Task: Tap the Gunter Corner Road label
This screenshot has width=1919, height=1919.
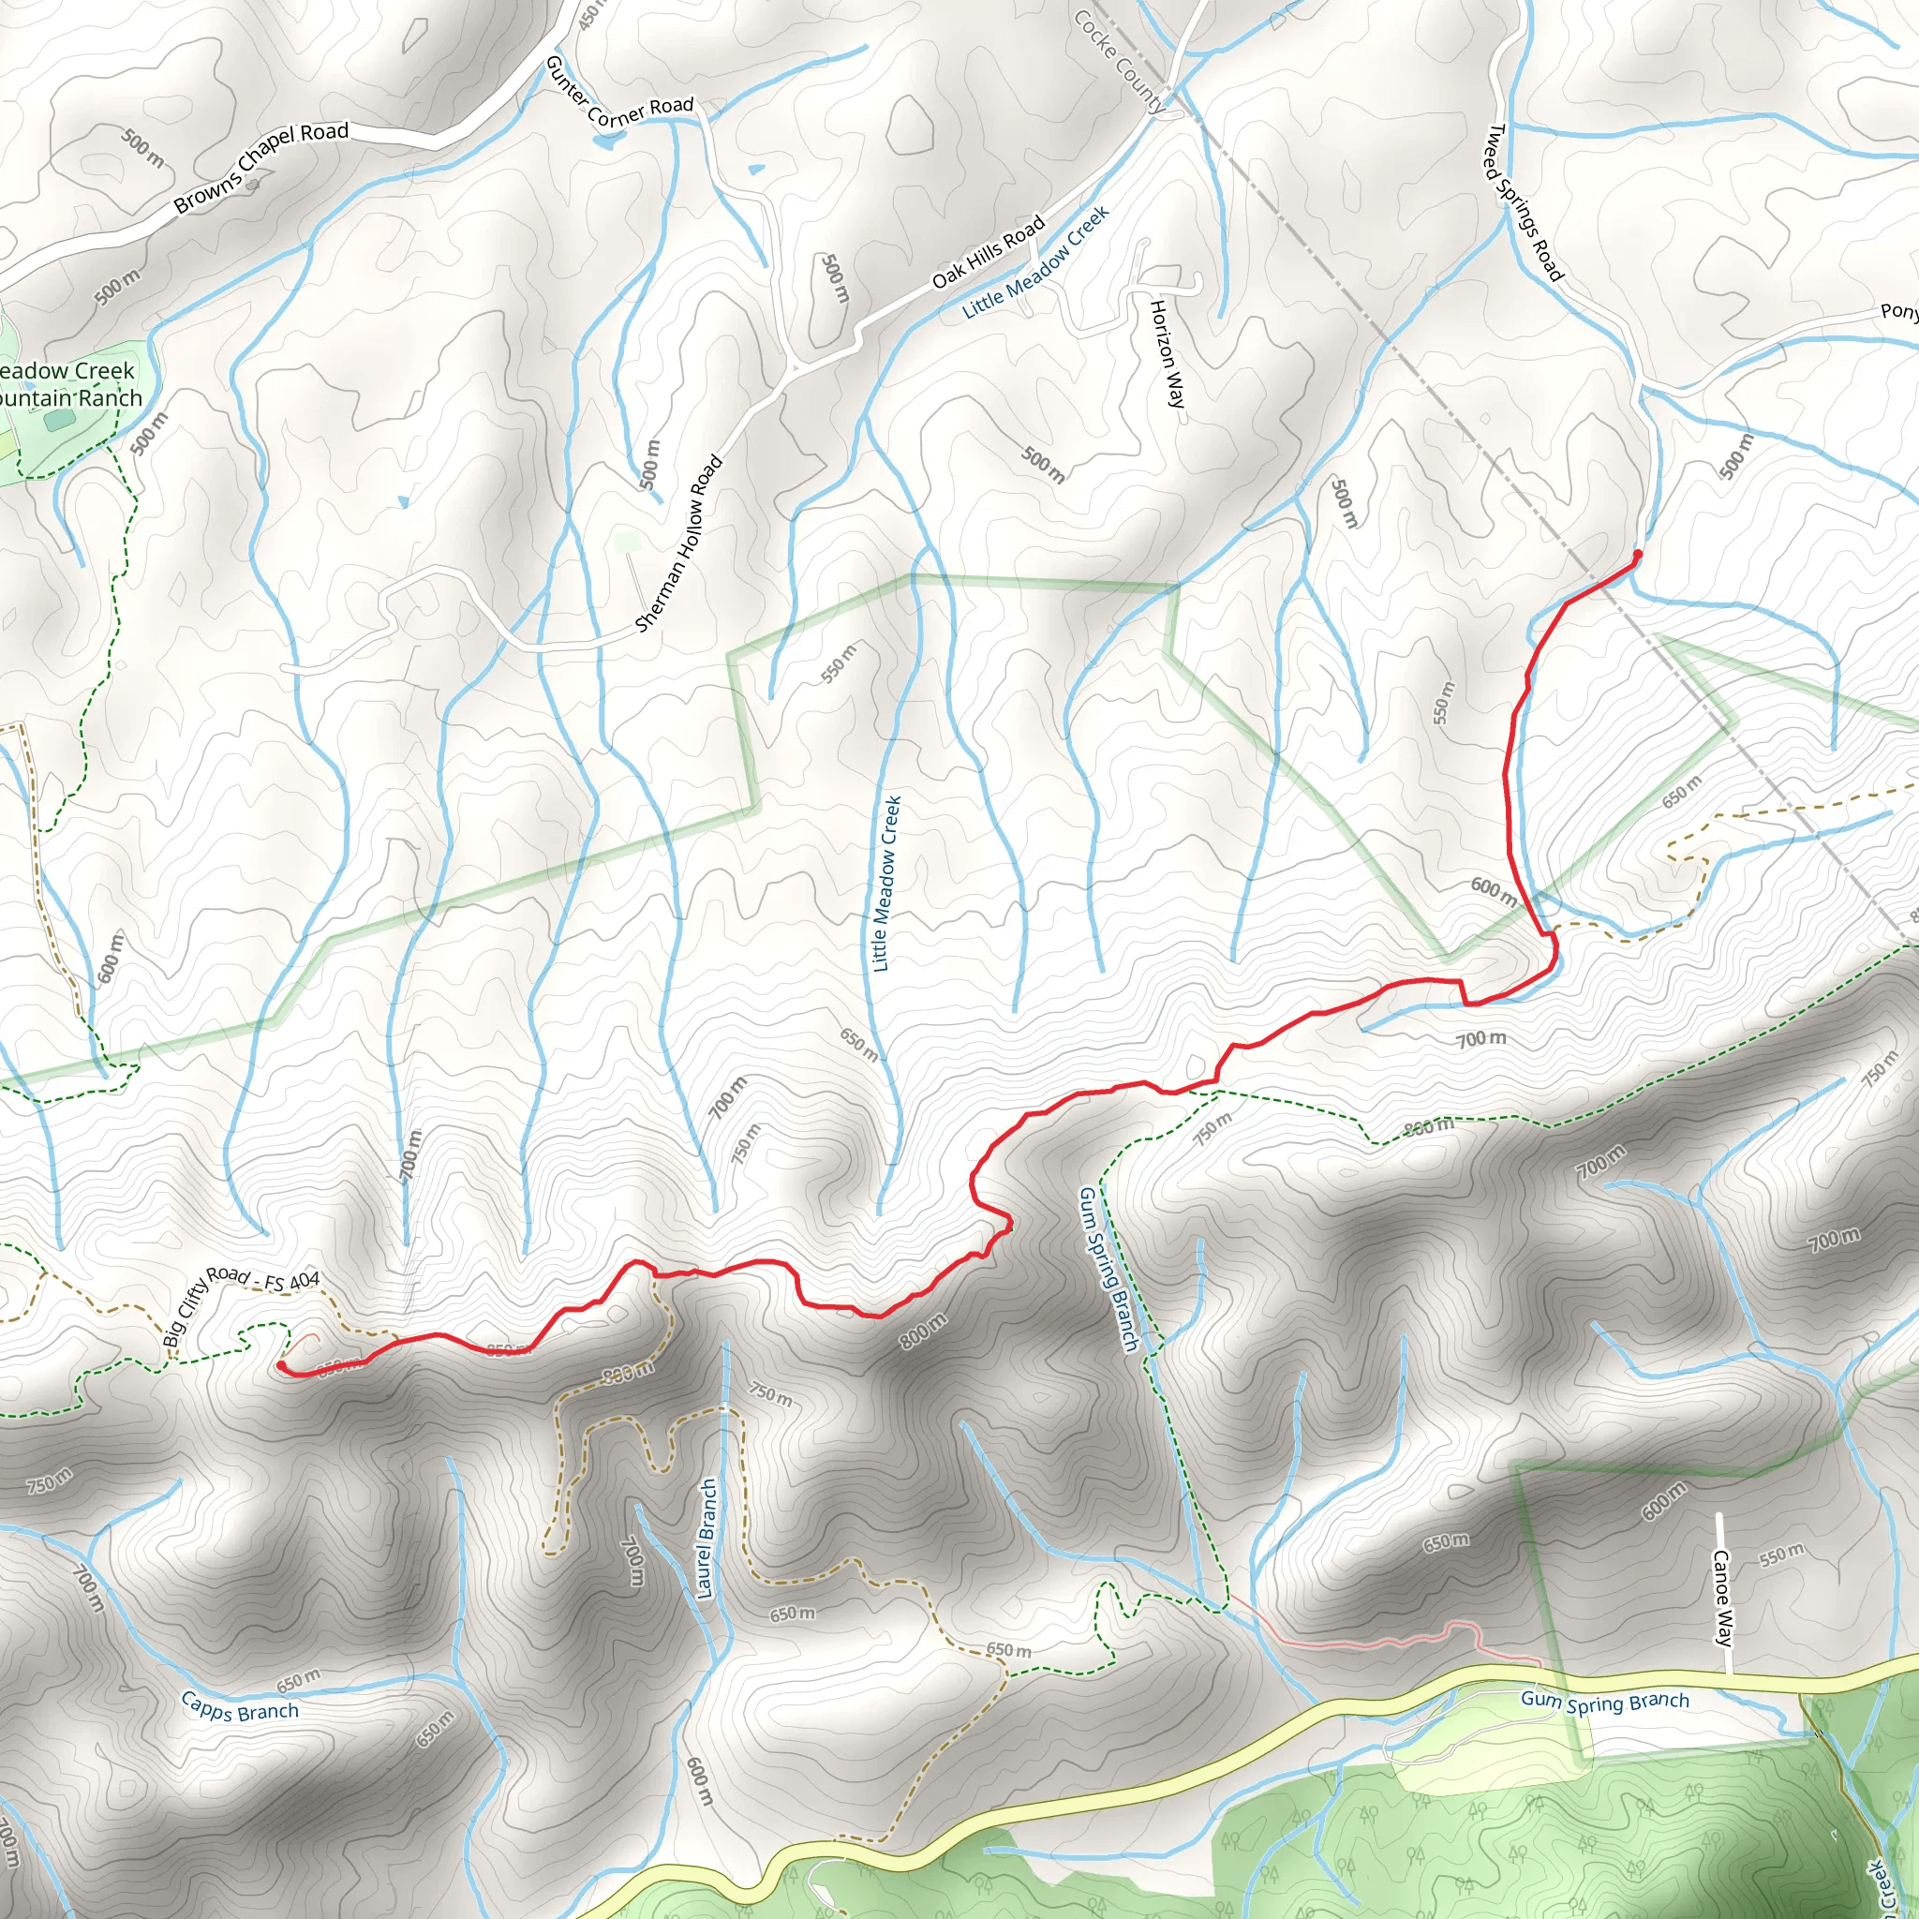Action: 617,96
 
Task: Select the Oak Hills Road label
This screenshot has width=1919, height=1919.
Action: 988,251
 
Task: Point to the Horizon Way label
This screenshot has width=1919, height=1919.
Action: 1168,352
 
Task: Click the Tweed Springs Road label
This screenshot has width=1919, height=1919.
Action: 1524,202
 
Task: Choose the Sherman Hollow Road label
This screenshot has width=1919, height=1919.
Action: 678,543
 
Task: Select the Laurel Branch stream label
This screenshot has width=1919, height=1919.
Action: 707,1539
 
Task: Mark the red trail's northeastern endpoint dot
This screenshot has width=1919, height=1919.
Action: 1637,555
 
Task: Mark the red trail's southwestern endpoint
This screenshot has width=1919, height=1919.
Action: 281,1366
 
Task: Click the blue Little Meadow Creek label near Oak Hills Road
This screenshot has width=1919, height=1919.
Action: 1035,262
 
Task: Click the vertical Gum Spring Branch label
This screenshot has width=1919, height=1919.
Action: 1108,1269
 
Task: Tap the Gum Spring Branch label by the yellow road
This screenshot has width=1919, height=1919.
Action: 1604,1702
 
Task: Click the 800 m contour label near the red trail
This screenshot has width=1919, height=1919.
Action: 923,1331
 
